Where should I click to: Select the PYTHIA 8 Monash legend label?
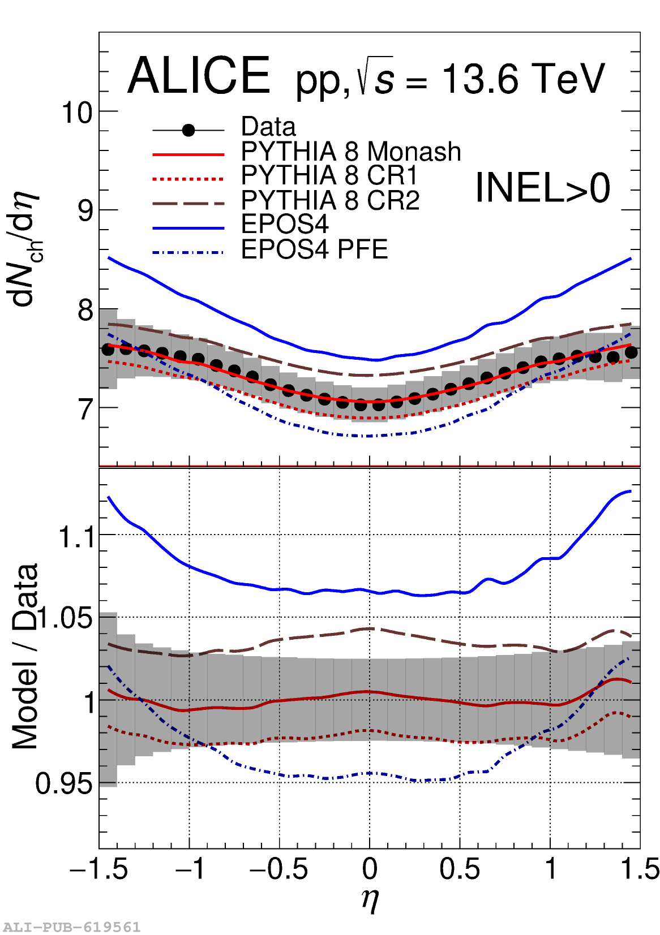[x=351, y=152]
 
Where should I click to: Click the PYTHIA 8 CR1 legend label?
[x=329, y=175]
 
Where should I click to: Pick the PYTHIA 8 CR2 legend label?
[x=331, y=200]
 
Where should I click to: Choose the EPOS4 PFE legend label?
[x=315, y=249]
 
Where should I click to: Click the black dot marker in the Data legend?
[x=188, y=131]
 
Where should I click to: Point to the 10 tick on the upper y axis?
[x=77, y=113]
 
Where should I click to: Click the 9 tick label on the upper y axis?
[x=85, y=211]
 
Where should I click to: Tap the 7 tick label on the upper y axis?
[x=85, y=409]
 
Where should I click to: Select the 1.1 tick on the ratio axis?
[x=77, y=536]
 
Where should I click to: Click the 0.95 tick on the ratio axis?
[x=63, y=784]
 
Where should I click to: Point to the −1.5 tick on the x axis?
[x=98, y=869]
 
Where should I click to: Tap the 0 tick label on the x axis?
[x=370, y=869]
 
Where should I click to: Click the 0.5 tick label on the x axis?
[x=460, y=869]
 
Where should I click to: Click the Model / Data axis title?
[x=25, y=656]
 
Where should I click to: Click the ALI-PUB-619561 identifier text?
[x=71, y=927]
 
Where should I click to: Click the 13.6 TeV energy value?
[x=523, y=79]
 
